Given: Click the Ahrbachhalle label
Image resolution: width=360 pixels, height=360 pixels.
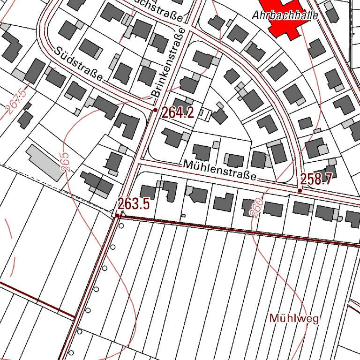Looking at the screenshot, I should click(285, 15).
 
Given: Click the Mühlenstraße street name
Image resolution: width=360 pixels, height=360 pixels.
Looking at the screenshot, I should click(220, 170).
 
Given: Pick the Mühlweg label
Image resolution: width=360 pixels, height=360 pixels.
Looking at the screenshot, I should click(294, 319).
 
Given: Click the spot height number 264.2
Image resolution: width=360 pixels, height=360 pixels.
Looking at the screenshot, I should click(178, 112).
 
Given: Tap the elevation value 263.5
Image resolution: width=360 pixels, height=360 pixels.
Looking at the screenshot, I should click(134, 204).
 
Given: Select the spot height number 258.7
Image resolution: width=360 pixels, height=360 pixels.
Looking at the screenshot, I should click(316, 179).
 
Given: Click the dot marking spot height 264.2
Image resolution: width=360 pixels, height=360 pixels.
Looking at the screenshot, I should click(156, 110).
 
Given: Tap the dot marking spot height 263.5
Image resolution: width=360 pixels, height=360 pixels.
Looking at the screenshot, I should click(117, 215).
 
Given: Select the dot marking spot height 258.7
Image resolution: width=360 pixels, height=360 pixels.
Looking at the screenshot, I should click(300, 190).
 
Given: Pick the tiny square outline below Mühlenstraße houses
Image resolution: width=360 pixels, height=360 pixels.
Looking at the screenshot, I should click(183, 215).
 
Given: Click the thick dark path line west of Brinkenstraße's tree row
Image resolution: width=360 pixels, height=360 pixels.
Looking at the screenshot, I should click(37, 300).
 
